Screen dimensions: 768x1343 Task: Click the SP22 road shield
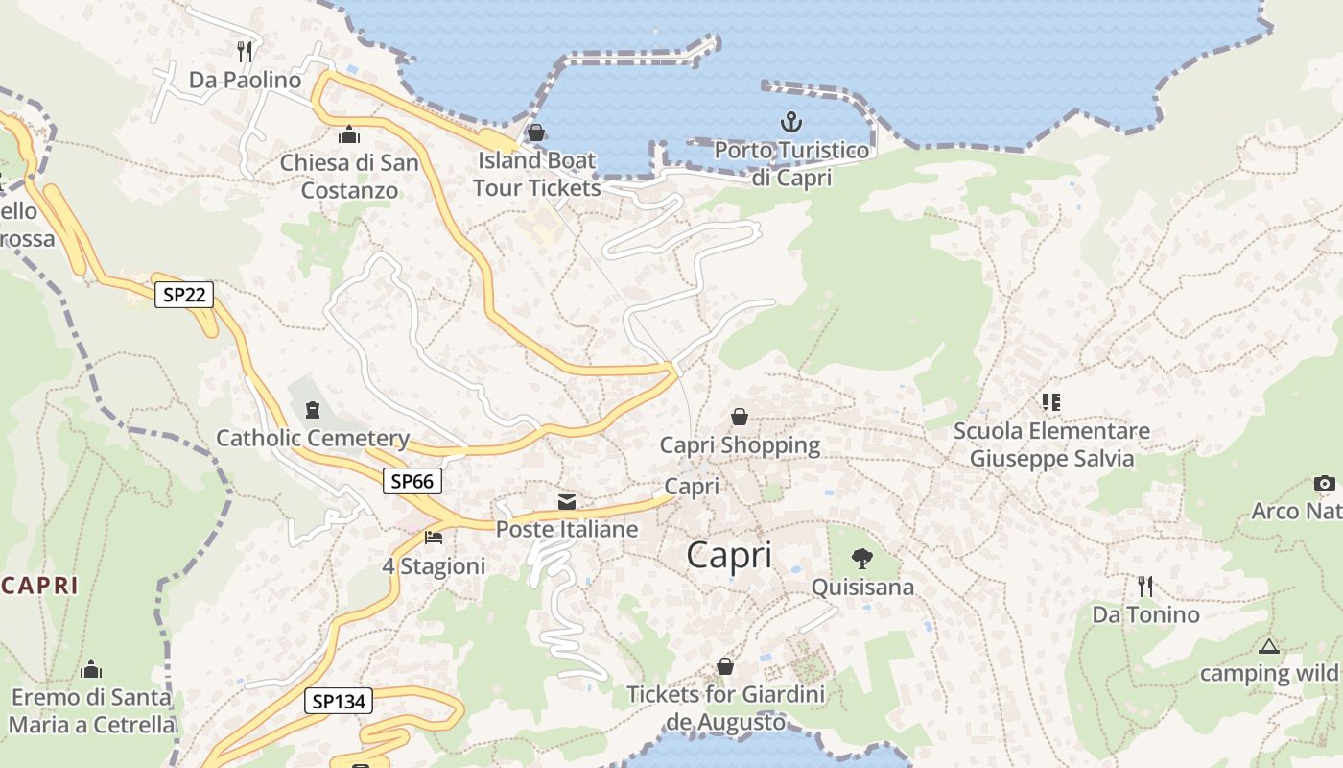[183, 295]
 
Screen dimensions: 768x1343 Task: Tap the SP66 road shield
[412, 481]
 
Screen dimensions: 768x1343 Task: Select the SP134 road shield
[339, 702]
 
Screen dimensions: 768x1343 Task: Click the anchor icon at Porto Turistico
[791, 122]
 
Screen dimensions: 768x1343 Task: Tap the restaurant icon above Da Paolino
[245, 50]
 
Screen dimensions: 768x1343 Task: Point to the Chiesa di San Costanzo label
[349, 176]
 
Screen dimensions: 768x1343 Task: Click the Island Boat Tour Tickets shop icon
[536, 132]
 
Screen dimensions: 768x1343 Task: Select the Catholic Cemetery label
[313, 439]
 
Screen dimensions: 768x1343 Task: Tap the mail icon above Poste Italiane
[567, 501]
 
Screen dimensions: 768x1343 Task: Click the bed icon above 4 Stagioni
[434, 538]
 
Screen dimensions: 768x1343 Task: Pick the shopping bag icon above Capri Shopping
[740, 417]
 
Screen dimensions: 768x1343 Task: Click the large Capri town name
[729, 556]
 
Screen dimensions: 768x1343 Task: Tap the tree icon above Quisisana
[862, 558]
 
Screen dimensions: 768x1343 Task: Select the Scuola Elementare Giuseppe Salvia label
[1051, 444]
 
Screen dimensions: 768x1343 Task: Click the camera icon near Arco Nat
[1324, 483]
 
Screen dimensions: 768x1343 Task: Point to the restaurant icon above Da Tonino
[1145, 586]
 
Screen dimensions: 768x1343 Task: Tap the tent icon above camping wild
[1269, 646]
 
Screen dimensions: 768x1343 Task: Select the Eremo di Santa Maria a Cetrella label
[92, 710]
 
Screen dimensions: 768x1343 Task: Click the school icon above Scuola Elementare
[1051, 402]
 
